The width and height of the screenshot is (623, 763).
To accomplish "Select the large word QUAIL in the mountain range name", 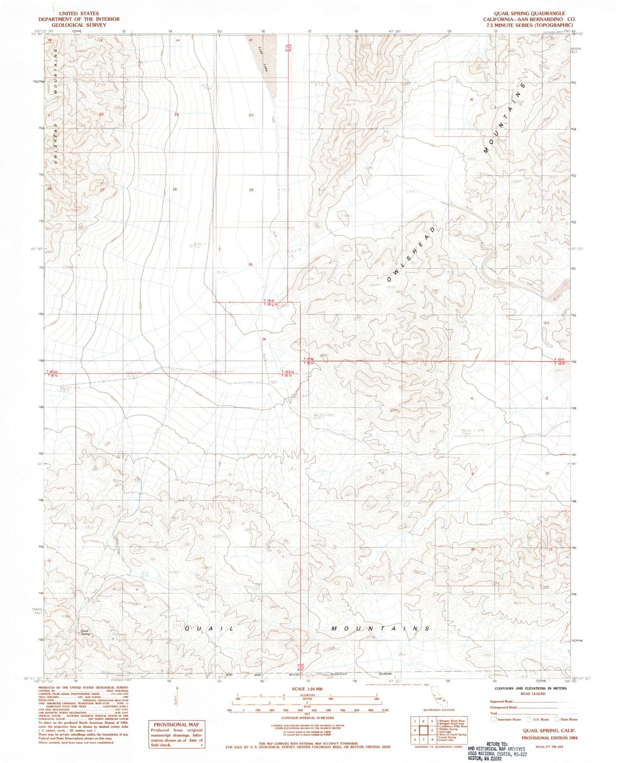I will coord(209,629).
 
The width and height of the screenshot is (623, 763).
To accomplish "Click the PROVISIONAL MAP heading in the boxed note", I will coord(176,724).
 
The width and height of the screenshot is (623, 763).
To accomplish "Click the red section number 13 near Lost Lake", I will coord(250,40).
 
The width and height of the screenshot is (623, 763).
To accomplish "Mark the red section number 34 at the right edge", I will coord(546,323).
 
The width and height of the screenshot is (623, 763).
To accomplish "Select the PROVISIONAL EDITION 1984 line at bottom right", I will coord(549,738).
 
